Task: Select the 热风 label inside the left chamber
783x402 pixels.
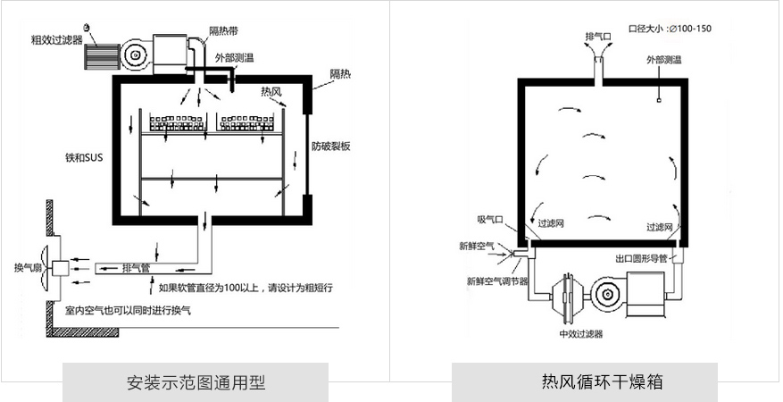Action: click(271, 91)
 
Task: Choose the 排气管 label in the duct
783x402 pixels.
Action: click(135, 266)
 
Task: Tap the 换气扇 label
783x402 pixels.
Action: click(27, 267)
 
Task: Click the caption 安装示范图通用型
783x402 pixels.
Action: click(196, 382)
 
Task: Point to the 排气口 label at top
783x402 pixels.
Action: click(597, 36)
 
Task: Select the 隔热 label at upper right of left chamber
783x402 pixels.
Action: click(339, 73)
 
